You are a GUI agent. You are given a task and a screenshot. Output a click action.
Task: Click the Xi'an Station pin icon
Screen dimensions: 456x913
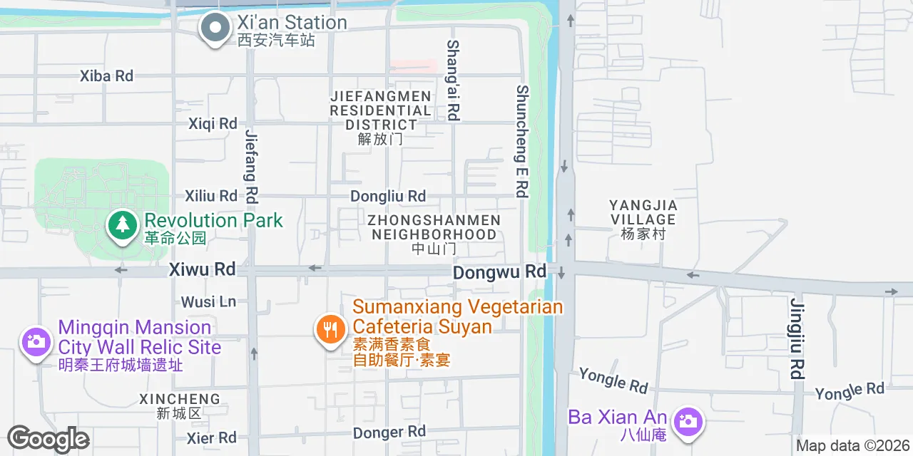click(x=215, y=28)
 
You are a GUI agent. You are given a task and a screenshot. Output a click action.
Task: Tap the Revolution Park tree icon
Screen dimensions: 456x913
click(x=123, y=225)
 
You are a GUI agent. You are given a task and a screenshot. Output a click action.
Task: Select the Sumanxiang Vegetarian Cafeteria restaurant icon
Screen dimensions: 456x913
click(x=330, y=330)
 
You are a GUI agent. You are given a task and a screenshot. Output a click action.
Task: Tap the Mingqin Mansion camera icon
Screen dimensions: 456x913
click(x=35, y=342)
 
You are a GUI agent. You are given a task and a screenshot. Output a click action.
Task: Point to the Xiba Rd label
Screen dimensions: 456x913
click(x=106, y=76)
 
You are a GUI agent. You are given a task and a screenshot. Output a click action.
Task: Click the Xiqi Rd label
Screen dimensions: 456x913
click(x=213, y=124)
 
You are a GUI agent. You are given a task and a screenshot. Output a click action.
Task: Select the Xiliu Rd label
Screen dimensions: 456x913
click(x=211, y=195)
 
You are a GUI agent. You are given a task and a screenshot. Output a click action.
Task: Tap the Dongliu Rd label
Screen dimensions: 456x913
click(x=388, y=196)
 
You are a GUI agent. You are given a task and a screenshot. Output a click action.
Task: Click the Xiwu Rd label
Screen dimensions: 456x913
click(x=202, y=269)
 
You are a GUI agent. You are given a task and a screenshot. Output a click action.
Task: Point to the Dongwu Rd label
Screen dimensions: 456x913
click(x=499, y=271)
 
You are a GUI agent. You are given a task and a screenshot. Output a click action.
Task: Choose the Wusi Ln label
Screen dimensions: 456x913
click(x=208, y=302)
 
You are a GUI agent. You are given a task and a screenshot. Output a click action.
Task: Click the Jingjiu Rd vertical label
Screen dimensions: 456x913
click(x=797, y=338)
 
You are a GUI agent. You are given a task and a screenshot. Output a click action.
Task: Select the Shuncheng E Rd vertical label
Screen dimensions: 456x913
click(x=523, y=141)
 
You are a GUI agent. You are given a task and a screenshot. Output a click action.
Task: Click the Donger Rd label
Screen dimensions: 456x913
click(x=389, y=432)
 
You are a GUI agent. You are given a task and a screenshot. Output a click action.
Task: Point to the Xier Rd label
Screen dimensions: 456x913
click(x=211, y=437)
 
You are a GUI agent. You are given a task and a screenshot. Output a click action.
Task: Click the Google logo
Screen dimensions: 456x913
click(x=48, y=440)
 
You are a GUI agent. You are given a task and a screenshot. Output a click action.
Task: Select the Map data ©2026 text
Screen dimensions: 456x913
click(x=853, y=446)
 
